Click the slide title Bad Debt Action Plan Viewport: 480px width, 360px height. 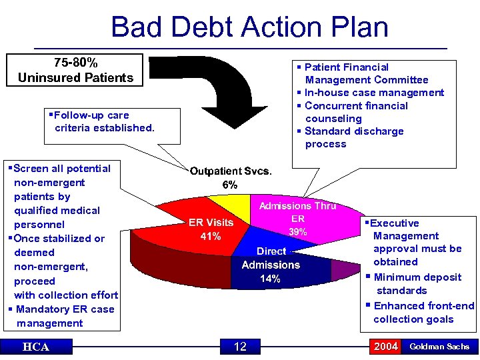coord(249,27)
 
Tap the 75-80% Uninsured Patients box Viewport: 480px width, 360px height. coord(75,70)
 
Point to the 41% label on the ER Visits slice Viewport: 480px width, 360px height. coord(211,237)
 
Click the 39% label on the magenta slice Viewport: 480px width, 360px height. coord(297,232)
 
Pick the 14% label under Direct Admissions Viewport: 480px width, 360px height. coord(270,279)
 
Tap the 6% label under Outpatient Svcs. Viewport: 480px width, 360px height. coord(231,185)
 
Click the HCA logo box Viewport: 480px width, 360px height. coord(35,347)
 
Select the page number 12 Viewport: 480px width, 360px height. coord(240,347)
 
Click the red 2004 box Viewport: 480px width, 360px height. coord(386,347)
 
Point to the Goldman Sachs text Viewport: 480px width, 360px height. coord(439,347)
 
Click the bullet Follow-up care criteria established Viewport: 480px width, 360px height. coord(103,121)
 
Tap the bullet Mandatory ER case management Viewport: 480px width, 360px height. coord(63,316)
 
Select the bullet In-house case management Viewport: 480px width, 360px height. coord(373,93)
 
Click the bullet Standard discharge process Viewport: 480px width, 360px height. coord(353,137)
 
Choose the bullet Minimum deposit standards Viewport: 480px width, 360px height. coord(416,283)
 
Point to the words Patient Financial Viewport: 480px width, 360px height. coord(346,67)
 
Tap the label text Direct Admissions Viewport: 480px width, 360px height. coord(271,258)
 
